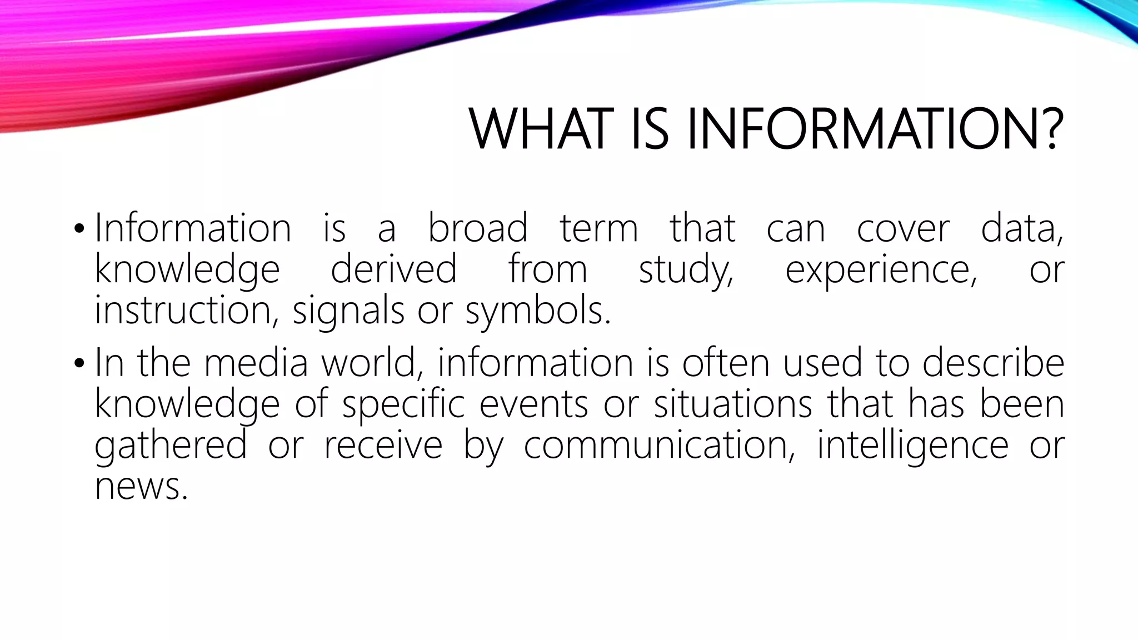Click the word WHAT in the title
click(x=541, y=129)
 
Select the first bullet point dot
click(x=79, y=228)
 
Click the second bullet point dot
click(x=79, y=363)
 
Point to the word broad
click(x=477, y=228)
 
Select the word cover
click(x=903, y=229)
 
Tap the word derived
click(x=393, y=269)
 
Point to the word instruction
click(x=183, y=310)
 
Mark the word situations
click(x=732, y=404)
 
